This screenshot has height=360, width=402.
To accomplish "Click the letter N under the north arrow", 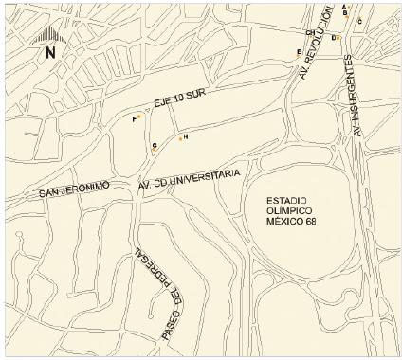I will pos(50,53).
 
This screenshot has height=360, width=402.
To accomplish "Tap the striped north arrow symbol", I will pos(48,35).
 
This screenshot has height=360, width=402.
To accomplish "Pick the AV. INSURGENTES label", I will pos(356,94).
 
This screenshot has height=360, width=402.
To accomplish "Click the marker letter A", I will pos(344,7).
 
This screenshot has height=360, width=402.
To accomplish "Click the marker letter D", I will pos(333,37).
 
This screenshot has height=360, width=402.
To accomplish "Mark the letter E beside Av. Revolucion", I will pos(299,52).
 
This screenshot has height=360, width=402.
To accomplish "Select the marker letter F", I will pos(134,119).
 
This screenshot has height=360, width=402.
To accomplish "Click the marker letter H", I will pos(186,137).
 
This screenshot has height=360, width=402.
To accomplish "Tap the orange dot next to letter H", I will pos(180,138).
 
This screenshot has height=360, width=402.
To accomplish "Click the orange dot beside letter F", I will pos(139,117).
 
